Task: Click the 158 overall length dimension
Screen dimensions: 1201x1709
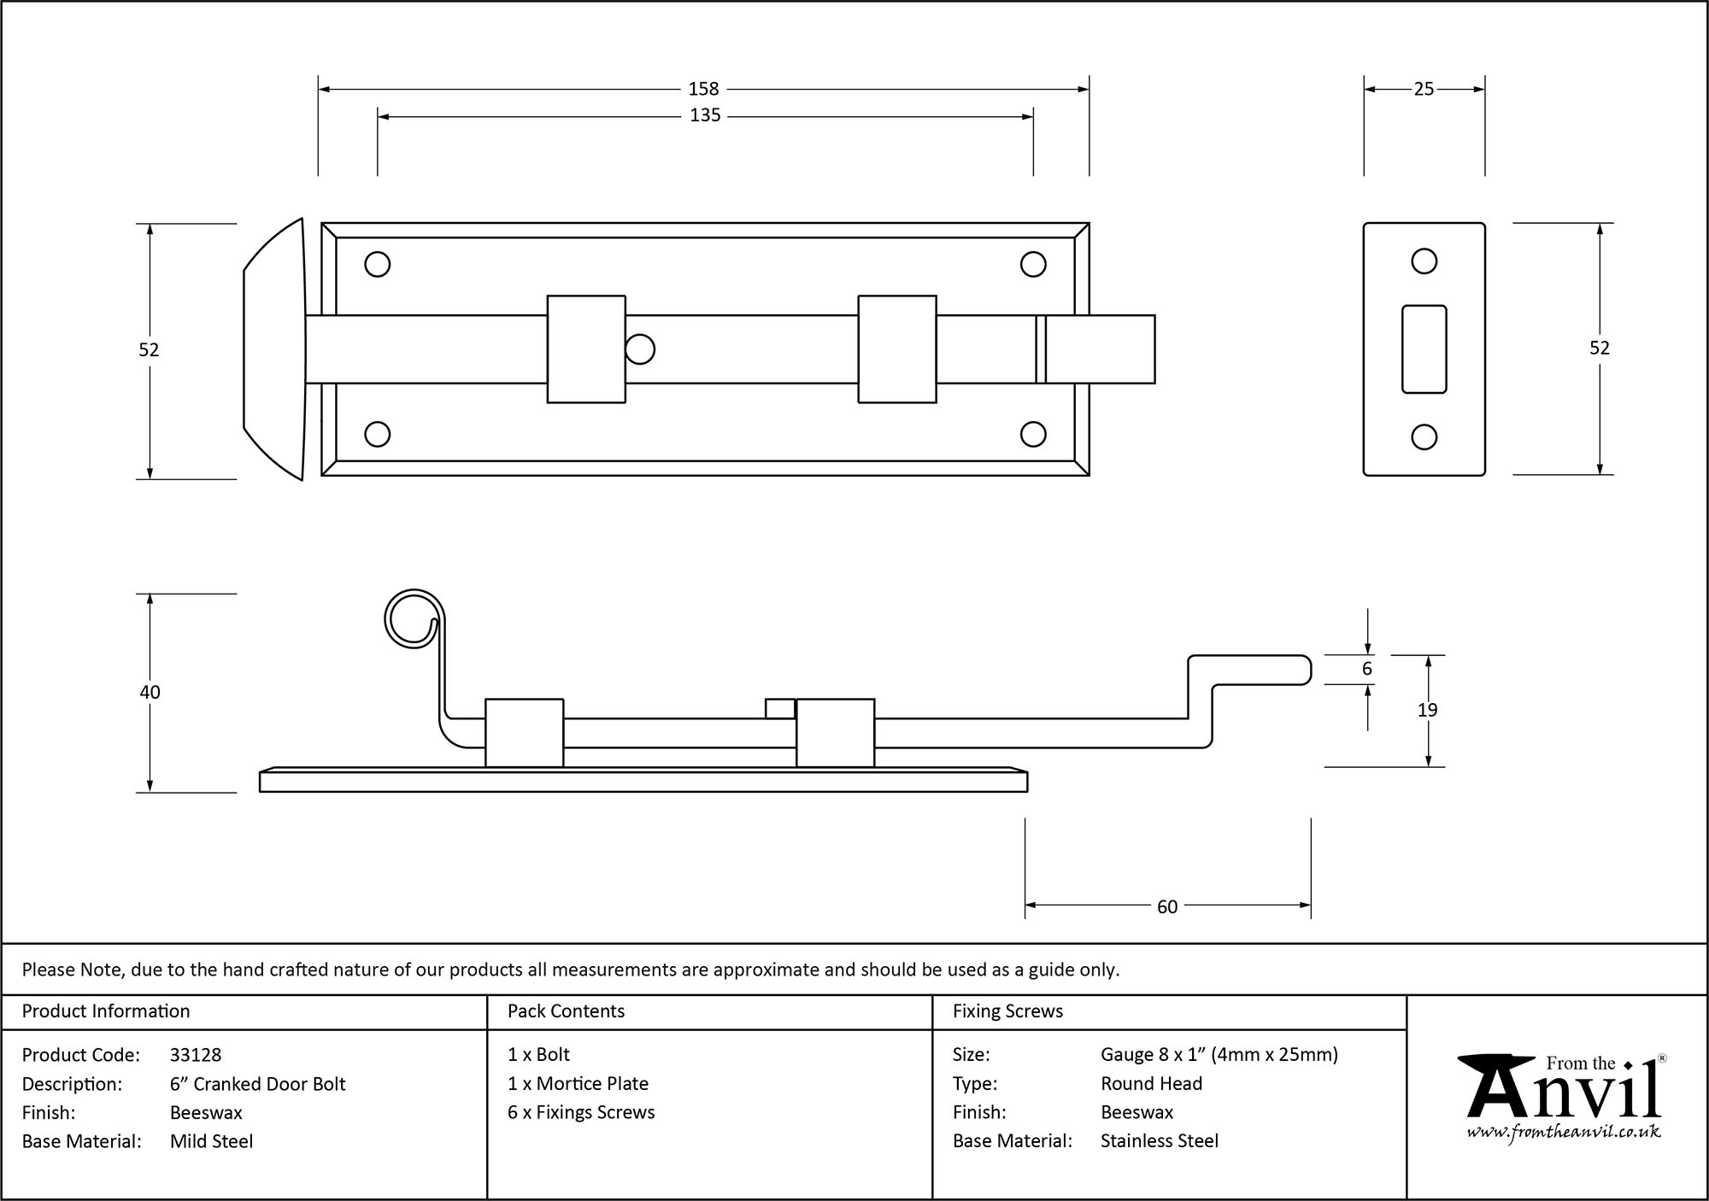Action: [x=703, y=89]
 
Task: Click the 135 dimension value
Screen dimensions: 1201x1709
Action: [x=705, y=115]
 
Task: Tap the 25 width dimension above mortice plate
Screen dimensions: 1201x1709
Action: [x=1424, y=89]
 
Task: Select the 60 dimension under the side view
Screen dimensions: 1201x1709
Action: [x=1167, y=907]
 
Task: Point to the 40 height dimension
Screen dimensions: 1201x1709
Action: [x=150, y=693]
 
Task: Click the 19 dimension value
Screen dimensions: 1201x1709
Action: [x=1427, y=710]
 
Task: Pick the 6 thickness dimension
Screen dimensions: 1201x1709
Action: [x=1366, y=669]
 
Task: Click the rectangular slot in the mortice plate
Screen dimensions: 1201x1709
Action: [x=1424, y=349]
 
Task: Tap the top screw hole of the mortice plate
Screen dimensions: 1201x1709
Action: [x=1424, y=261]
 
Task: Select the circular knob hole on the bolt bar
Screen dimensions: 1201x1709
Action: [x=640, y=349]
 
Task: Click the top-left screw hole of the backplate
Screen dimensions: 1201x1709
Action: [x=378, y=264]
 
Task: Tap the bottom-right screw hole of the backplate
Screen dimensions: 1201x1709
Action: [x=1033, y=435]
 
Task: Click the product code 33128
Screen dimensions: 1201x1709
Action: [x=196, y=1055]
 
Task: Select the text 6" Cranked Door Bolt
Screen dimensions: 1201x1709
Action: [x=257, y=1084]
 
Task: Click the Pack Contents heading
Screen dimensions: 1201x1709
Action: [x=566, y=1011]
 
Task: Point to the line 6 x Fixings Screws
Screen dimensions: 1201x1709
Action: [x=581, y=1112]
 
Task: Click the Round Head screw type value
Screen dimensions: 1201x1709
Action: [x=1151, y=1084]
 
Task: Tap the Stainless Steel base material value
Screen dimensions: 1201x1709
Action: [x=1160, y=1141]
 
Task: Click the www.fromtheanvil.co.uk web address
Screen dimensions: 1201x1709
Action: [x=1564, y=1132]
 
